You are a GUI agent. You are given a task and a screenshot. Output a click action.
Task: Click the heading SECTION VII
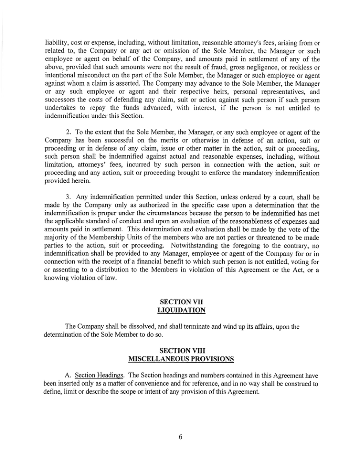181,302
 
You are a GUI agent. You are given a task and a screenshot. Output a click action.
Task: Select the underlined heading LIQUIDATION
181,311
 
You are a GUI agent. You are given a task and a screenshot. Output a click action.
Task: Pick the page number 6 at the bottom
180,437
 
